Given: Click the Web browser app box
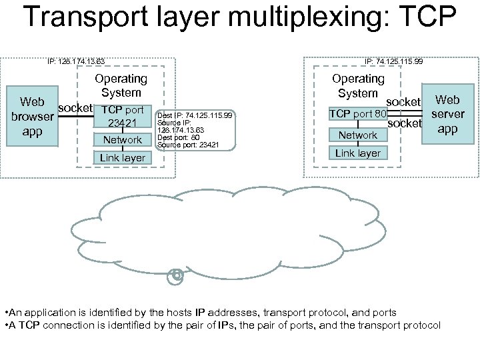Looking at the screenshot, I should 32,117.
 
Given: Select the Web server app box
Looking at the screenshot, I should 447,114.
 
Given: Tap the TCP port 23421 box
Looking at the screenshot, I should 122,117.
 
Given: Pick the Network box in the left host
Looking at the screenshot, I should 122,140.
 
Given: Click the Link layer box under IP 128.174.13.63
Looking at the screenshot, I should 122,157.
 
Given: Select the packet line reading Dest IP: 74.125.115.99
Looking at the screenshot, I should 195,115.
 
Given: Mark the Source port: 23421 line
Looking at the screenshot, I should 183,143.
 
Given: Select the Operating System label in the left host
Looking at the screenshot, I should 121,85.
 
